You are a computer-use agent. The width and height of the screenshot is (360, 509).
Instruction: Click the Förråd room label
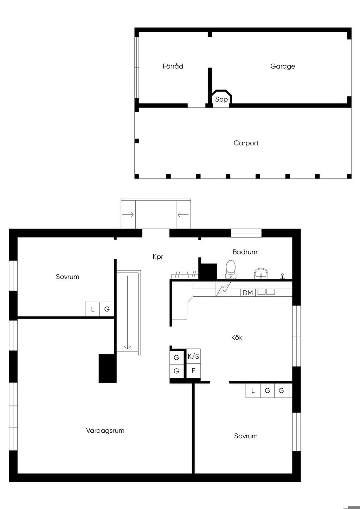point(173,66)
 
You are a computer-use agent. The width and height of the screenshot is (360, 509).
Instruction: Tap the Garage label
point(283,66)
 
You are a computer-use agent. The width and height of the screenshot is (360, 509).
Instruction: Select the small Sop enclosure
point(221,98)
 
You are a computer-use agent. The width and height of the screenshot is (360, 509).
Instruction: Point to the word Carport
point(246,143)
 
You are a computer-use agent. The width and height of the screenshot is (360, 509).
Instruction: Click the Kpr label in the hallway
point(158,257)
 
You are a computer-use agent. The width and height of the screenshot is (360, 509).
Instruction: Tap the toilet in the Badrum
point(231,270)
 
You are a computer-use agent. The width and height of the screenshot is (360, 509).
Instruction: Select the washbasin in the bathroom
point(261,273)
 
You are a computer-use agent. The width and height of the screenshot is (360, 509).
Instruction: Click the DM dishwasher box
point(248,293)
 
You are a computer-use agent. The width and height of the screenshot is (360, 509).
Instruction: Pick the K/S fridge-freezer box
point(193,356)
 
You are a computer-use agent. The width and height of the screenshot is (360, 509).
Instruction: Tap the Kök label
point(237,337)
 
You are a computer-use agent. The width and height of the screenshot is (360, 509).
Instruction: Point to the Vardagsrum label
point(105,430)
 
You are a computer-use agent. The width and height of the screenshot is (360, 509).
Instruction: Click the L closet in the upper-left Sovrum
point(92,309)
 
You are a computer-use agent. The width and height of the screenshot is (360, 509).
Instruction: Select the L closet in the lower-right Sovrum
point(253,391)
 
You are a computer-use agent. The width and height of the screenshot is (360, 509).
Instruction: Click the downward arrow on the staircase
point(127,312)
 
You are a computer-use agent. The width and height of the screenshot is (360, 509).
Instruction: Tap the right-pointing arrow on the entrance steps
point(128,214)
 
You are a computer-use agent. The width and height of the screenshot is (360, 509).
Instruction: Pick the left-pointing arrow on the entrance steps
point(183,214)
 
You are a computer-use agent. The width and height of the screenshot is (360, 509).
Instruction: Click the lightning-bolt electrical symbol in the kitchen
point(223,289)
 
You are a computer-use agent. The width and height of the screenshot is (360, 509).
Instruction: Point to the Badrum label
point(245,252)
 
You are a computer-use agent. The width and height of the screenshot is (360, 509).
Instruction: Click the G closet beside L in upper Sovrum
point(107,309)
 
